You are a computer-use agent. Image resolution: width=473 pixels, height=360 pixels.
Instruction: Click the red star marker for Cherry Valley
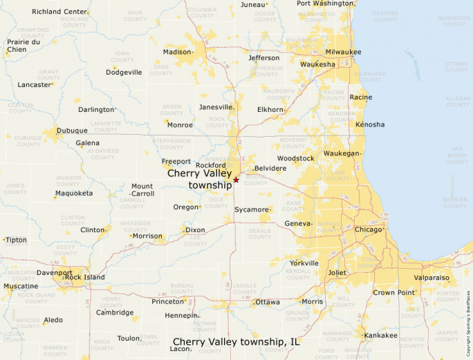click(x=236, y=180)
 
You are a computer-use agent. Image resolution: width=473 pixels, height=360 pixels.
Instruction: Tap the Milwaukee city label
click(x=344, y=52)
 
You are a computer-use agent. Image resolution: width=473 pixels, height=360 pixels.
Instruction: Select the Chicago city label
click(x=368, y=229)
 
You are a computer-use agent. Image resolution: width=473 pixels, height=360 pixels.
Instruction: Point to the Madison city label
click(x=177, y=52)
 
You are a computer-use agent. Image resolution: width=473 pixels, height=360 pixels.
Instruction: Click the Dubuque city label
click(x=72, y=131)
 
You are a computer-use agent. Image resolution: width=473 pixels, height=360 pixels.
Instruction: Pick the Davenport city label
click(x=55, y=273)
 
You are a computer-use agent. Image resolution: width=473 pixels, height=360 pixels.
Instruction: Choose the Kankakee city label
click(x=381, y=335)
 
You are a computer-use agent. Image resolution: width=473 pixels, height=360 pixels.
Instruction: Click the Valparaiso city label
click(x=432, y=278)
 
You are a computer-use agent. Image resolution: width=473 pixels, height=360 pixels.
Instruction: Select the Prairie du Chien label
click(x=24, y=46)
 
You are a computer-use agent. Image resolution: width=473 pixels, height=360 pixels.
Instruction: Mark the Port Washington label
click(x=325, y=3)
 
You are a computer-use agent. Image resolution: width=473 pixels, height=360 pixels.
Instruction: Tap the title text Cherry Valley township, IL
click(x=236, y=341)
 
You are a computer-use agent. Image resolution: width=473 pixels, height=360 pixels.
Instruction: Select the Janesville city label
click(x=216, y=107)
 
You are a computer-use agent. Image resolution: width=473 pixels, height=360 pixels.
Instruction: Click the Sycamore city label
click(x=251, y=209)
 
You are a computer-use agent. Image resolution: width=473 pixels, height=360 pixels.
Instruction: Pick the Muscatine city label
click(x=21, y=286)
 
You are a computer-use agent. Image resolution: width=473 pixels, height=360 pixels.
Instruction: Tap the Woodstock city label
click(x=296, y=158)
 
